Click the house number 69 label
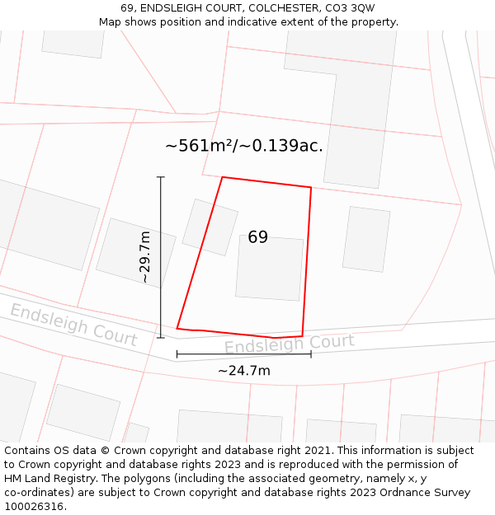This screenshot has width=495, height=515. (257, 237)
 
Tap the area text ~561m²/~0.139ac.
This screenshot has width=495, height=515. (243, 146)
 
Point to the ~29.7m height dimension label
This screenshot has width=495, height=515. (145, 257)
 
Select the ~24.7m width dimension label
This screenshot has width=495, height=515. (243, 371)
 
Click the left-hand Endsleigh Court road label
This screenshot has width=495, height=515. (73, 324)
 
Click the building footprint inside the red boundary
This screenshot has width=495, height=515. (269, 268)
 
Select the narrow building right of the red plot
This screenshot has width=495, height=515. (366, 239)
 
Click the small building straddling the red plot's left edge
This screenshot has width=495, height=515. (210, 227)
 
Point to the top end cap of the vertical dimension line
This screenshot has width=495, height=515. (160, 177)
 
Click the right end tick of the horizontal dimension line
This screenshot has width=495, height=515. (311, 354)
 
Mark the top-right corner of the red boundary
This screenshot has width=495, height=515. (311, 188)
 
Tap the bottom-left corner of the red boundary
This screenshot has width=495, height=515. (177, 329)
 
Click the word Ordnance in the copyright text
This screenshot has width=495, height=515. (385, 493)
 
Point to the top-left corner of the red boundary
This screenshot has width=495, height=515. (223, 176)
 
